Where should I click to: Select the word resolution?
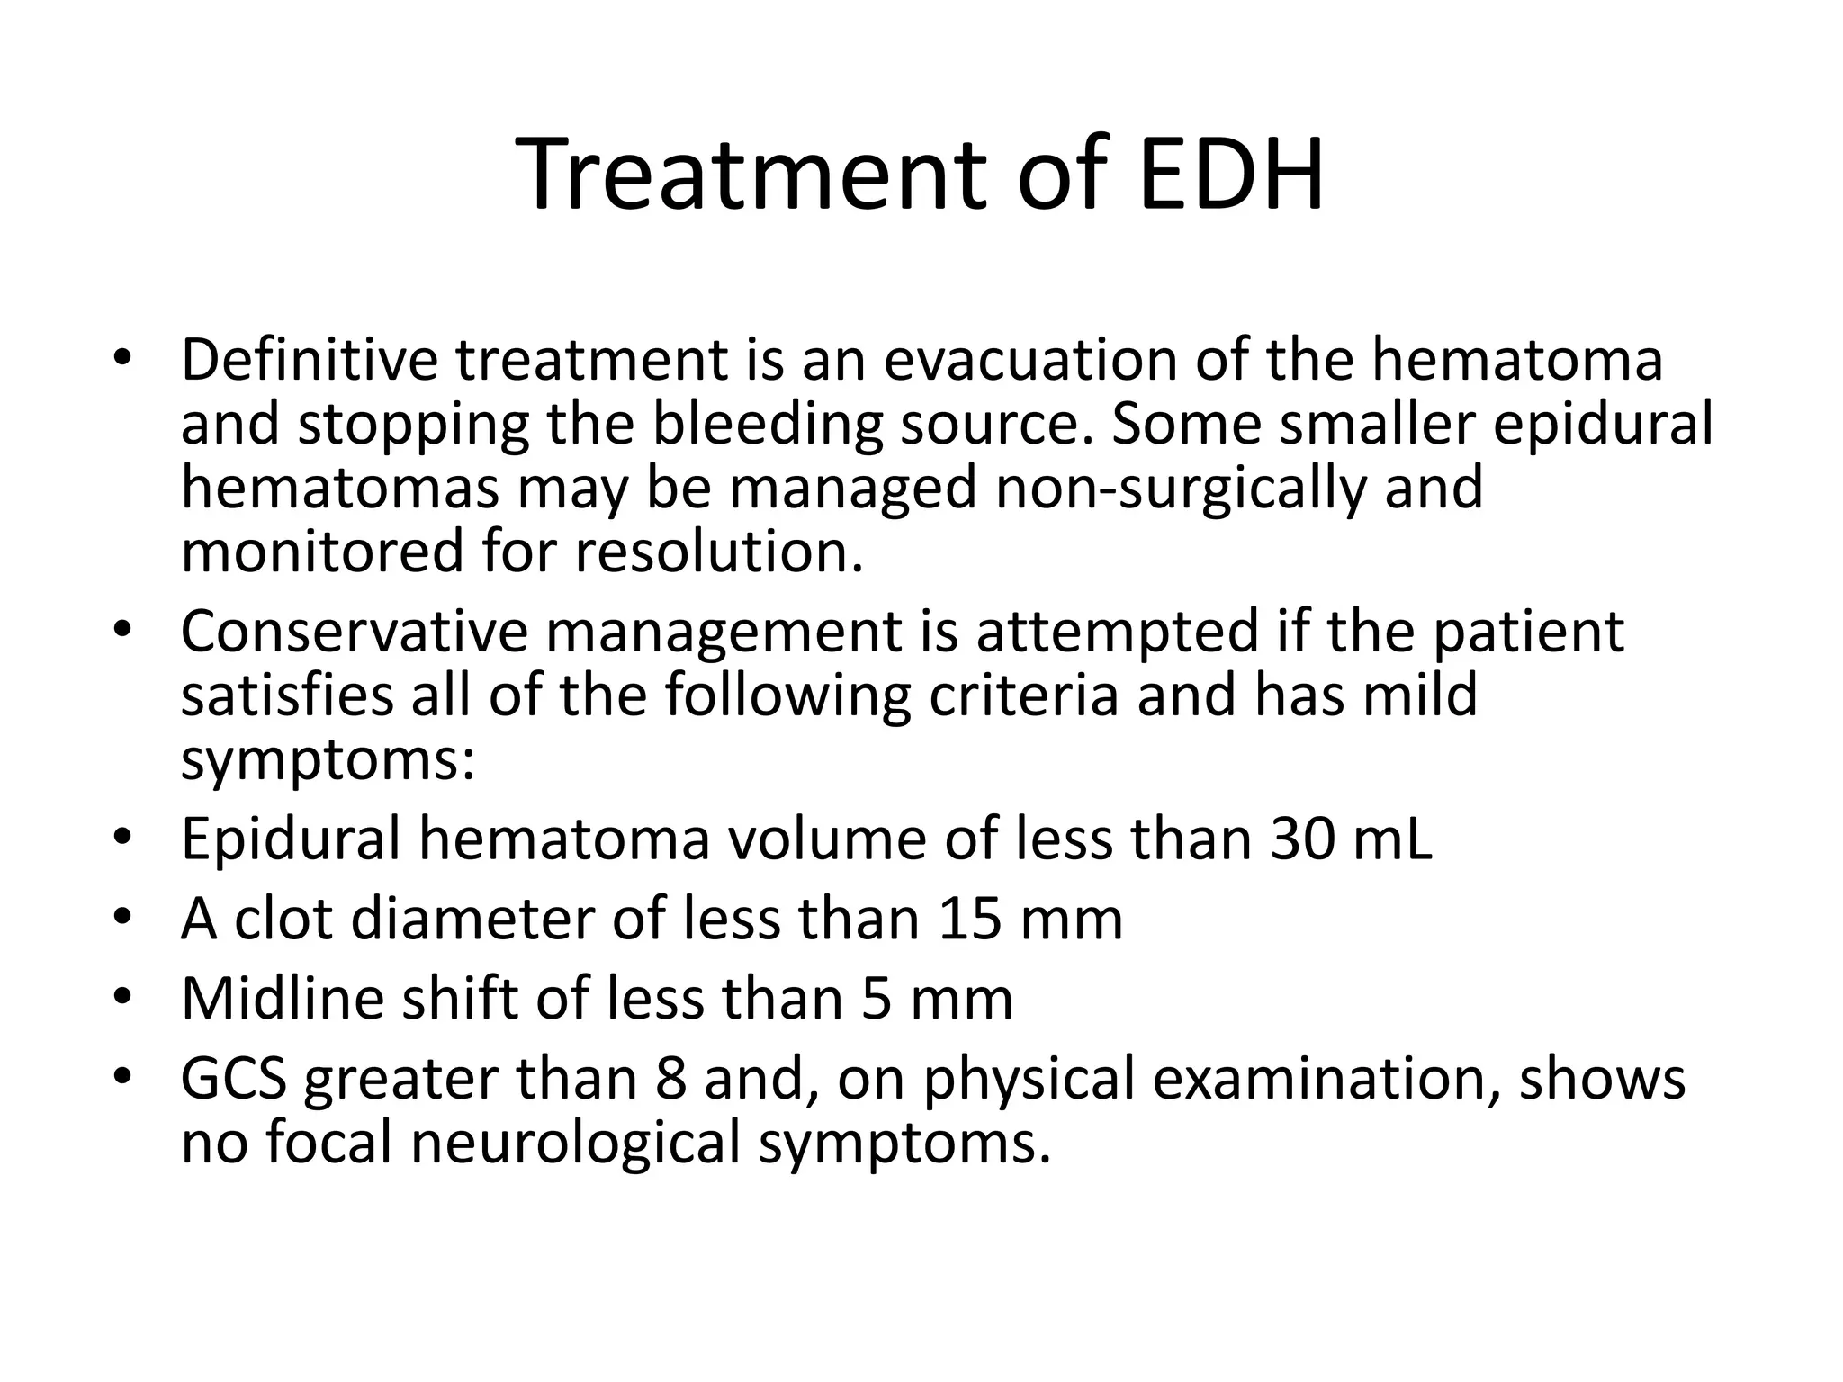tap(719, 552)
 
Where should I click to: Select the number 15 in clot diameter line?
tap(969, 919)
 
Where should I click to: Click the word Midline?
tap(283, 999)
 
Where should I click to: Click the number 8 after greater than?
tap(670, 1079)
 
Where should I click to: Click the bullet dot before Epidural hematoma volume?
tap(122, 839)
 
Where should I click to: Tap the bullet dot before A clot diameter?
tap(122, 919)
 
